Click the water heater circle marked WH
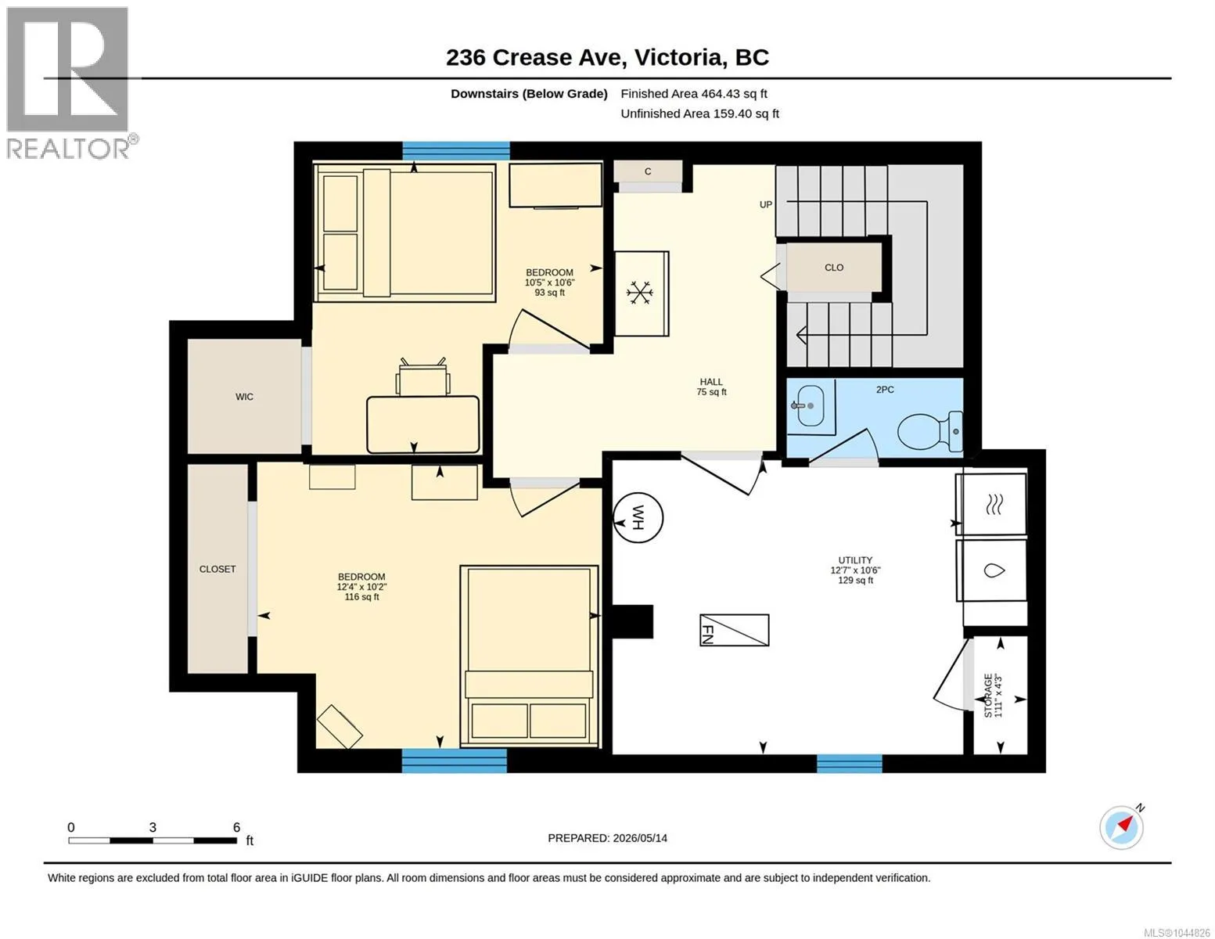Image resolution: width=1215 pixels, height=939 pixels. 638,517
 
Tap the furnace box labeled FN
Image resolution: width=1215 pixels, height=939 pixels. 734,630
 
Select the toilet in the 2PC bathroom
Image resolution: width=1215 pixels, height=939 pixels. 929,432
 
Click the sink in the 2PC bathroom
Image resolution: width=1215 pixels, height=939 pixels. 807,405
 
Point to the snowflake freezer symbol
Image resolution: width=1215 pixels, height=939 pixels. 639,293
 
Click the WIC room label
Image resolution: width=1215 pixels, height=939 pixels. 244,397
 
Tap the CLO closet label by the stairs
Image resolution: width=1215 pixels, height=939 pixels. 834,268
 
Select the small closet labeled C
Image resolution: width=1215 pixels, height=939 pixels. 648,171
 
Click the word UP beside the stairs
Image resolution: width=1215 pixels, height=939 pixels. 765,204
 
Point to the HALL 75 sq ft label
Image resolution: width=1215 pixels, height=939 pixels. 711,387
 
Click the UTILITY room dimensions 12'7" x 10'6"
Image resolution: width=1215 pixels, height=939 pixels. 855,570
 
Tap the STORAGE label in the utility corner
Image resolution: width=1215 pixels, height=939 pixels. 988,696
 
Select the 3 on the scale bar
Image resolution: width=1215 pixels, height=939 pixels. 153,827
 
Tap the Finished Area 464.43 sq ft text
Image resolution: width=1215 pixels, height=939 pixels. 694,93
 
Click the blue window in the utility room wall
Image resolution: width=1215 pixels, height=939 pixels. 850,764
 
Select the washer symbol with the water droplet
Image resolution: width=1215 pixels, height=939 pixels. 993,570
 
